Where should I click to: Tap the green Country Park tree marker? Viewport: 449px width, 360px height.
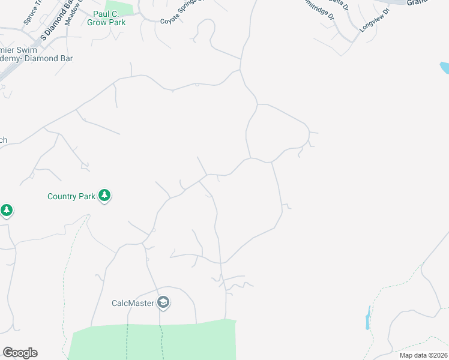coord(105,196)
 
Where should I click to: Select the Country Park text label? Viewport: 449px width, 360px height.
coord(71,196)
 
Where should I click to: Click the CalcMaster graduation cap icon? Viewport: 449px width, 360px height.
coord(163,302)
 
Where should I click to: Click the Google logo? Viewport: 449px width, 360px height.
coord(20,353)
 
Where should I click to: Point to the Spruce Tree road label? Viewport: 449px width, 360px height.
coord(34,13)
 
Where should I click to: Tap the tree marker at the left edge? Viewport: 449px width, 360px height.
coord(7,211)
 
